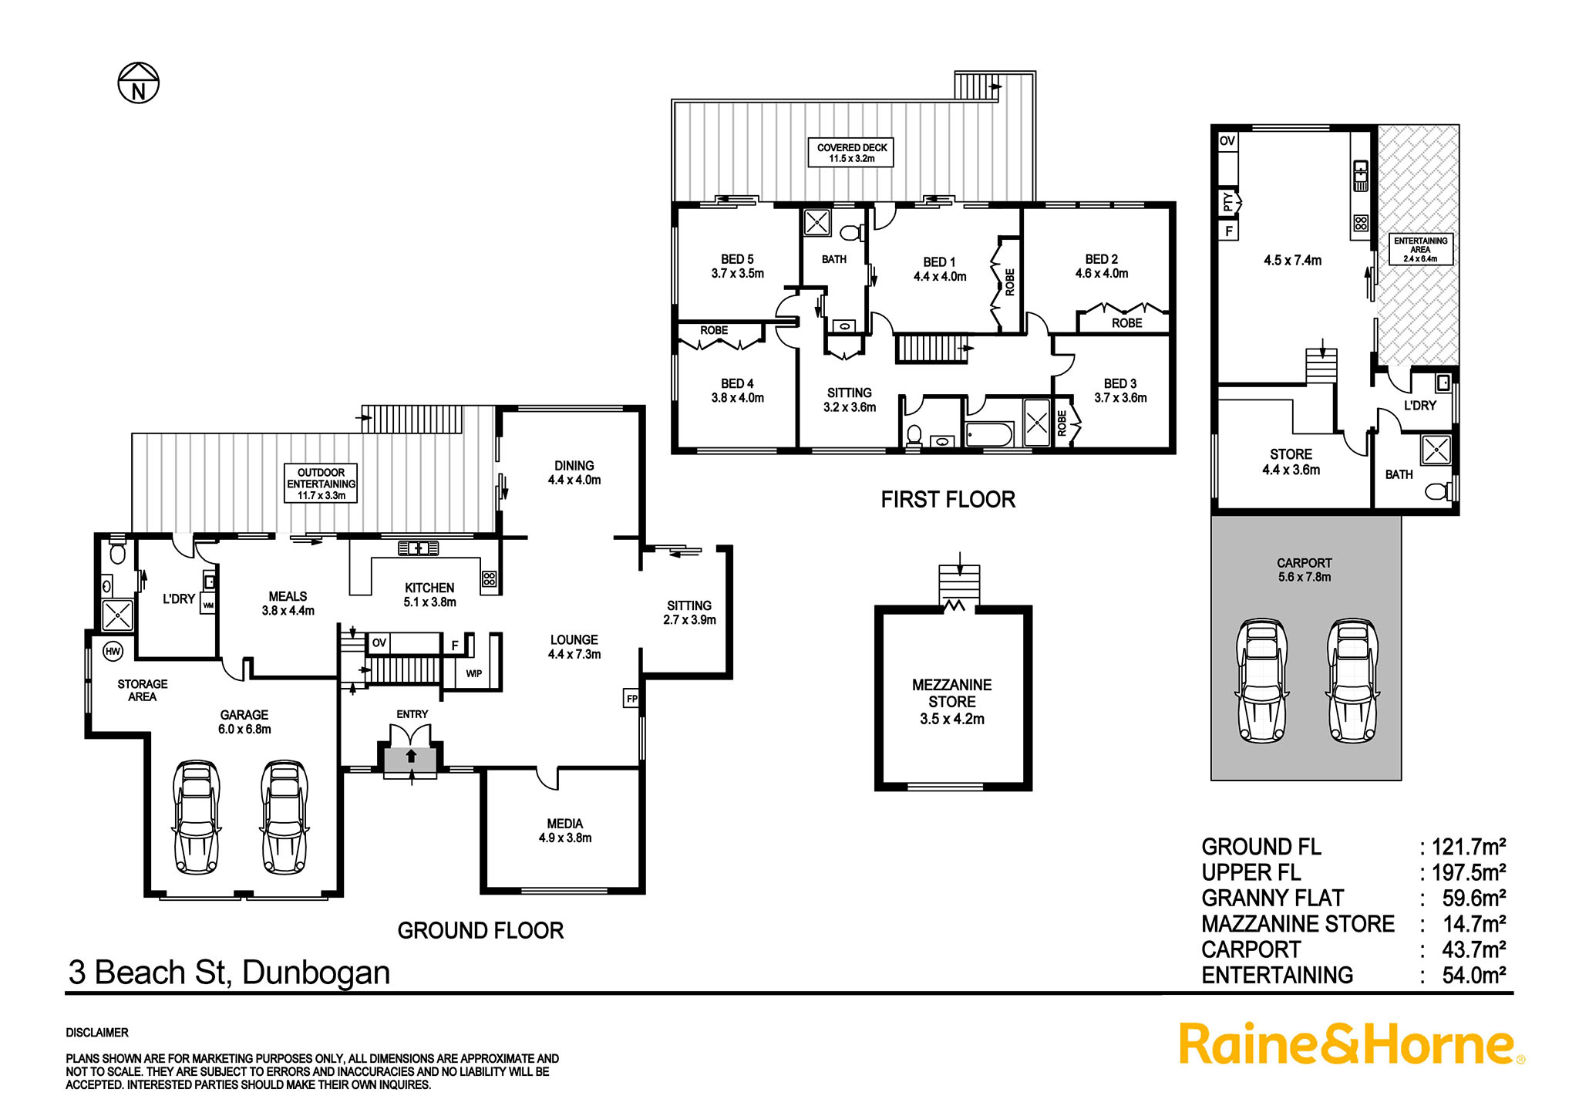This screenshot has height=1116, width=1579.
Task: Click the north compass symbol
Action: coord(138,83)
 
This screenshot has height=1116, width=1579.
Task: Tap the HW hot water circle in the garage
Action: coord(113,652)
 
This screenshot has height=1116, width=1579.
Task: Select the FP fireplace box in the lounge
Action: coord(632,699)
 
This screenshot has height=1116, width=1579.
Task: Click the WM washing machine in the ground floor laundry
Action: coord(208,604)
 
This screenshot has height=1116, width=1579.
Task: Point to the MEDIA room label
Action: coord(565,824)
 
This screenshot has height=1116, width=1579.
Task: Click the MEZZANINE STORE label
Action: coord(952,693)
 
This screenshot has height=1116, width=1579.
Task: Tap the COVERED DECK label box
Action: coord(852,153)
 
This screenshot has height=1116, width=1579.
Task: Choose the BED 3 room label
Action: coord(1120,383)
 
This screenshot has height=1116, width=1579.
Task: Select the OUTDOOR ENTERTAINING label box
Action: coord(322,484)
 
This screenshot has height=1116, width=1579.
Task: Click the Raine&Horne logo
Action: coord(1352,1045)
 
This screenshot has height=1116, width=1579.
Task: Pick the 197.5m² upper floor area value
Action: coord(1469,872)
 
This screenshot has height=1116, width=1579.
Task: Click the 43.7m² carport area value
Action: coord(1474,949)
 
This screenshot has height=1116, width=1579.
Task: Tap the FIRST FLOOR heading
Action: coord(948,500)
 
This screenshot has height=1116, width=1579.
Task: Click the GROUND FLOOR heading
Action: coord(480,931)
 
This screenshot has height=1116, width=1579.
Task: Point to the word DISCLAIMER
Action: coord(97,1033)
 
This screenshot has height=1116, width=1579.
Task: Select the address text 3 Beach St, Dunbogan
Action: coord(229,973)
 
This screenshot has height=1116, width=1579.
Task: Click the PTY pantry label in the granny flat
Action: coord(1228,202)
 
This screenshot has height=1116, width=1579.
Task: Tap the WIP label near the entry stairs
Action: coord(474,673)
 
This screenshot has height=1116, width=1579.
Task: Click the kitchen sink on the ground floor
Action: coord(419,548)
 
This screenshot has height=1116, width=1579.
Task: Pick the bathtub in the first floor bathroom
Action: coord(989,434)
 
